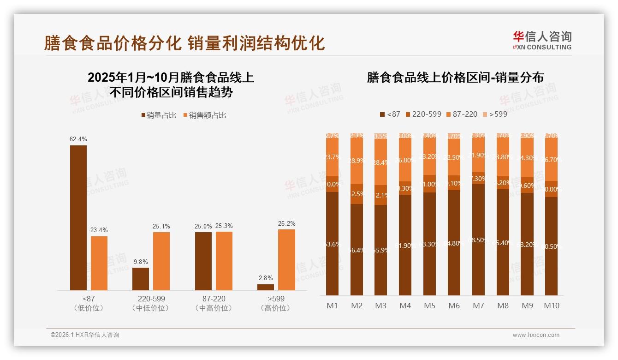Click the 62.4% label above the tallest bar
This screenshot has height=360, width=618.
(78, 139)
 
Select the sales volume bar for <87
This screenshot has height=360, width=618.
(78, 217)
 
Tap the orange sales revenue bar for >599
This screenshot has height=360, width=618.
(286, 259)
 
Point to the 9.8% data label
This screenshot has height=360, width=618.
(141, 262)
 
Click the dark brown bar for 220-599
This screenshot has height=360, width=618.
(141, 279)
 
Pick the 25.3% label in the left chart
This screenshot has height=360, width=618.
(224, 226)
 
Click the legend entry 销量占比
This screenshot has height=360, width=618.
(158, 115)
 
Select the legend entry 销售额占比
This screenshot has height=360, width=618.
(204, 115)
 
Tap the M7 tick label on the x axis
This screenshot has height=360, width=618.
(479, 306)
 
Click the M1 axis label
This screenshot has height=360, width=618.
(332, 306)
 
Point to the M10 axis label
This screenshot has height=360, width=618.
(551, 306)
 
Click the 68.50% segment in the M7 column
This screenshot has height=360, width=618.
(478, 240)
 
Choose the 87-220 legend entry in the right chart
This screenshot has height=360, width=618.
(462, 114)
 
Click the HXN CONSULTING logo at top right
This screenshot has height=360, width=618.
(542, 40)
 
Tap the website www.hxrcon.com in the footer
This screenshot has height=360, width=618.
(536, 335)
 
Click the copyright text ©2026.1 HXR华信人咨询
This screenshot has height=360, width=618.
(85, 335)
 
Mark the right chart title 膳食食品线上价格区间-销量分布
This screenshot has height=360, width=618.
(455, 78)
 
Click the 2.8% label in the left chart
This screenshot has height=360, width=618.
(266, 278)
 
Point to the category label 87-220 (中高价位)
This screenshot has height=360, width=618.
(214, 303)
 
